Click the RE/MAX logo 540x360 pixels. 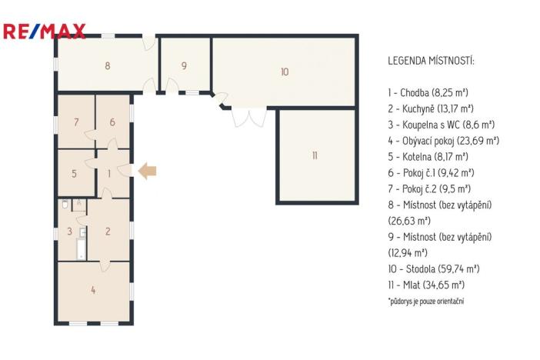click(44, 32)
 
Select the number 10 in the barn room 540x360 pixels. click(284, 72)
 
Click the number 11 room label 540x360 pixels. click(315, 155)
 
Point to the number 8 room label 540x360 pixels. click(108, 66)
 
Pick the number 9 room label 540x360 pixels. click(184, 66)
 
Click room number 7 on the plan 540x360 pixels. click(76, 122)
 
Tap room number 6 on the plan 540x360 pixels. click(112, 122)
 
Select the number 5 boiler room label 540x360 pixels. click(75, 174)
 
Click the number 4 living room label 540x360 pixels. click(93, 291)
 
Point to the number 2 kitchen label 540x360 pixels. click(108, 231)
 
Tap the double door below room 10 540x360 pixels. click(248, 118)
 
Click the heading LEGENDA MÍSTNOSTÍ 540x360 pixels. click(431, 60)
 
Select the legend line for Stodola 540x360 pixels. click(434, 268)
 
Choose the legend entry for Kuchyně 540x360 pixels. click(430, 108)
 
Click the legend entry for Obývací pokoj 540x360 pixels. click(444, 140)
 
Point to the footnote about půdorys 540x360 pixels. click(425, 301)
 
